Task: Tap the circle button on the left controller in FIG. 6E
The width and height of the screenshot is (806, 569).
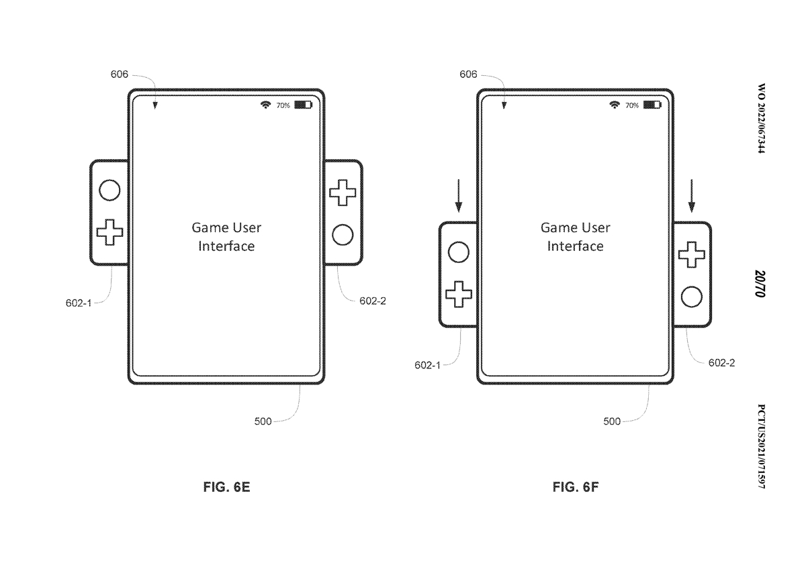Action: [x=109, y=191]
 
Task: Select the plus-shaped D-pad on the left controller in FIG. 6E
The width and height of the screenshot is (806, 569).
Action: [x=109, y=233]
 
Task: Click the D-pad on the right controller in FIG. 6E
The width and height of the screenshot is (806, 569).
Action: [x=343, y=193]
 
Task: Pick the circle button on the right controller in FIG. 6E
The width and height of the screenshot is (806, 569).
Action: [x=343, y=236]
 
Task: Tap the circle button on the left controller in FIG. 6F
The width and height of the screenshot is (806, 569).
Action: [x=458, y=252]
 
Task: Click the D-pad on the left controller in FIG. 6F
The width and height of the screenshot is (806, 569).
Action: [x=459, y=295]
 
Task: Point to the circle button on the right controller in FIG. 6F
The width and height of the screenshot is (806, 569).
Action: [x=691, y=297]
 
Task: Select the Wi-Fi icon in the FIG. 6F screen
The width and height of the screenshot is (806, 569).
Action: [x=614, y=105]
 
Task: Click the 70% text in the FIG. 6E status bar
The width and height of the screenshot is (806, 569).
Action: [x=283, y=106]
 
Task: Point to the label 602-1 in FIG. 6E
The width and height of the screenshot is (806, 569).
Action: [x=79, y=303]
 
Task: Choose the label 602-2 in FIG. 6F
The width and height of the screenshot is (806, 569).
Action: [x=721, y=362]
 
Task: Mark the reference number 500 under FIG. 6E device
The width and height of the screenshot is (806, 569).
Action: [x=263, y=421]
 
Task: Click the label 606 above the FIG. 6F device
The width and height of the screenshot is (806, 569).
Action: [x=468, y=74]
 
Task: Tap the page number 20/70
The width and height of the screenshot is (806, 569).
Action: [x=760, y=284]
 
